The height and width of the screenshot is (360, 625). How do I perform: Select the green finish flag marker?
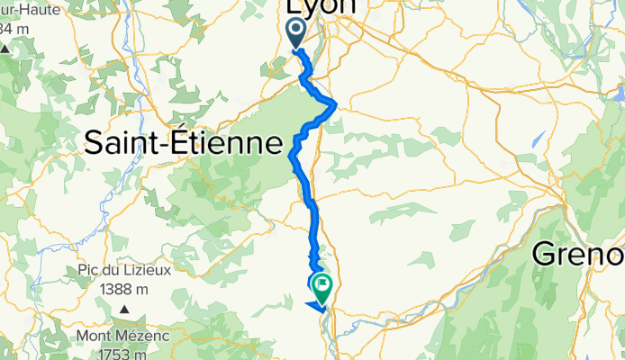pyautogui.click(x=322, y=286)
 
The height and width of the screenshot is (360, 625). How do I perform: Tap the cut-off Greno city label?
pyautogui.click(x=578, y=254)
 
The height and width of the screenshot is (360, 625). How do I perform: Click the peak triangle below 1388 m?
pyautogui.click(x=124, y=310)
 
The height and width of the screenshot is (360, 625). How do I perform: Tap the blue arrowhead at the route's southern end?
pyautogui.click(x=317, y=307)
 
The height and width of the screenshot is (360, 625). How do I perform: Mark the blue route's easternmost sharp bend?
pyautogui.click(x=336, y=105)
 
